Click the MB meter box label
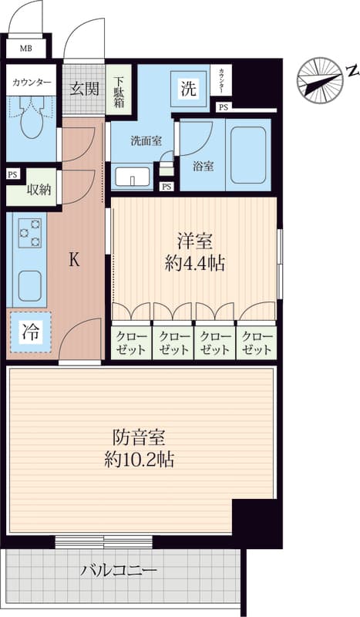click(x=26, y=49)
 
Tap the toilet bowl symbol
click(x=31, y=118)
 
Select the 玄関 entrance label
click(x=84, y=89)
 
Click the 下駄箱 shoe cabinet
click(x=119, y=89)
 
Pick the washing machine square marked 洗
click(x=188, y=89)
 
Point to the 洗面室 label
click(x=146, y=141)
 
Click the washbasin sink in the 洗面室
click(x=133, y=177)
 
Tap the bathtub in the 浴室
click(x=248, y=155)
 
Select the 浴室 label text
click(x=203, y=167)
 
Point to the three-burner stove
click(x=30, y=234)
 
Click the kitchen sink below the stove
click(x=29, y=286)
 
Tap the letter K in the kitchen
click(x=74, y=261)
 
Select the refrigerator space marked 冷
click(x=31, y=332)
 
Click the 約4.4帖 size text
click(x=195, y=265)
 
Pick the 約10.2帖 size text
click(x=140, y=460)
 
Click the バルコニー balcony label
click(x=119, y=570)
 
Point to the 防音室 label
click(x=139, y=437)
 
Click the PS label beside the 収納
click(x=12, y=175)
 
